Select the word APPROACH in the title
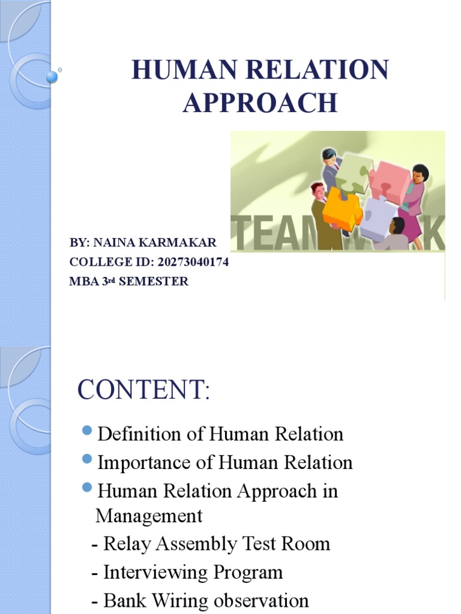[x=260, y=103]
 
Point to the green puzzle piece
[x=355, y=170]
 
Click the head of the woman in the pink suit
[x=420, y=173]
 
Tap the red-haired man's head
[x=318, y=191]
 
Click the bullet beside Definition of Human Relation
[x=86, y=431]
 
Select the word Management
[x=149, y=516]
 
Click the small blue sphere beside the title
[x=52, y=76]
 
